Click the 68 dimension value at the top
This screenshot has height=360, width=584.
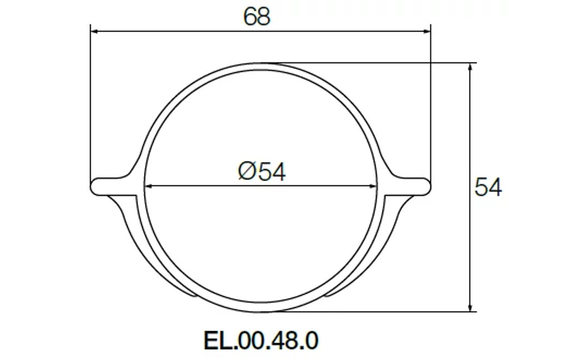pyautogui.click(x=257, y=16)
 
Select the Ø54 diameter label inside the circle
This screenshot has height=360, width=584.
pyautogui.click(x=262, y=171)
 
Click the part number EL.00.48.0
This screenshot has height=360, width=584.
pyautogui.click(x=261, y=340)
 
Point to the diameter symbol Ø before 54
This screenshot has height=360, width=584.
pyautogui.click(x=247, y=171)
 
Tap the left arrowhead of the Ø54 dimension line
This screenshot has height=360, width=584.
pyautogui.click(x=148, y=186)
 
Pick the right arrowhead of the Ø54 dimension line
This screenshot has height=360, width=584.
pyautogui.click(x=374, y=186)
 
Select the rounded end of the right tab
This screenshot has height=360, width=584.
pyautogui.click(x=427, y=186)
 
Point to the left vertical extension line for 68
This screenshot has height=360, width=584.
pyautogui.click(x=90, y=103)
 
